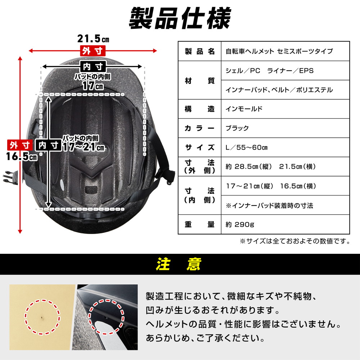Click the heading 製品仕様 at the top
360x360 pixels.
[x=180, y=18]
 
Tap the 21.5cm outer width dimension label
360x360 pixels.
[x=93, y=39]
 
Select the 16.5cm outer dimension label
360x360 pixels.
[x=22, y=157]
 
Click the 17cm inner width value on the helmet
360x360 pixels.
[x=93, y=86]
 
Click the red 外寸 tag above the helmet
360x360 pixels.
[x=93, y=51]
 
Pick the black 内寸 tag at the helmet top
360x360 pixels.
[x=93, y=67]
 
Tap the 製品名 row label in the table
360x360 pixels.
[x=200, y=51]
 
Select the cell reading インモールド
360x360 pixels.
[x=244, y=109]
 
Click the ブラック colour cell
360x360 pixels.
[x=237, y=128]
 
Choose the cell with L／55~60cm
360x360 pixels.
[x=247, y=147]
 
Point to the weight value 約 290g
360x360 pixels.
[x=240, y=224]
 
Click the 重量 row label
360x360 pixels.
[x=200, y=224]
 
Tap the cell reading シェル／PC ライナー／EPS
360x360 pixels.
[x=270, y=71]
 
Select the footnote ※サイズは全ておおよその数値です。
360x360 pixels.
[x=295, y=241]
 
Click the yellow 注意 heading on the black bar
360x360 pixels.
[x=179, y=264]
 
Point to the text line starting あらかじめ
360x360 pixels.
[x=205, y=338]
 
